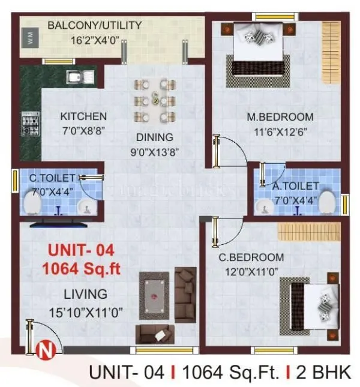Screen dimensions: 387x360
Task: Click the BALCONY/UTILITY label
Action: click(94, 25)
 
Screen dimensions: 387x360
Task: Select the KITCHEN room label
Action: click(83, 116)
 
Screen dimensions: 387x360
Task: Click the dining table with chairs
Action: click(154, 100)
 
